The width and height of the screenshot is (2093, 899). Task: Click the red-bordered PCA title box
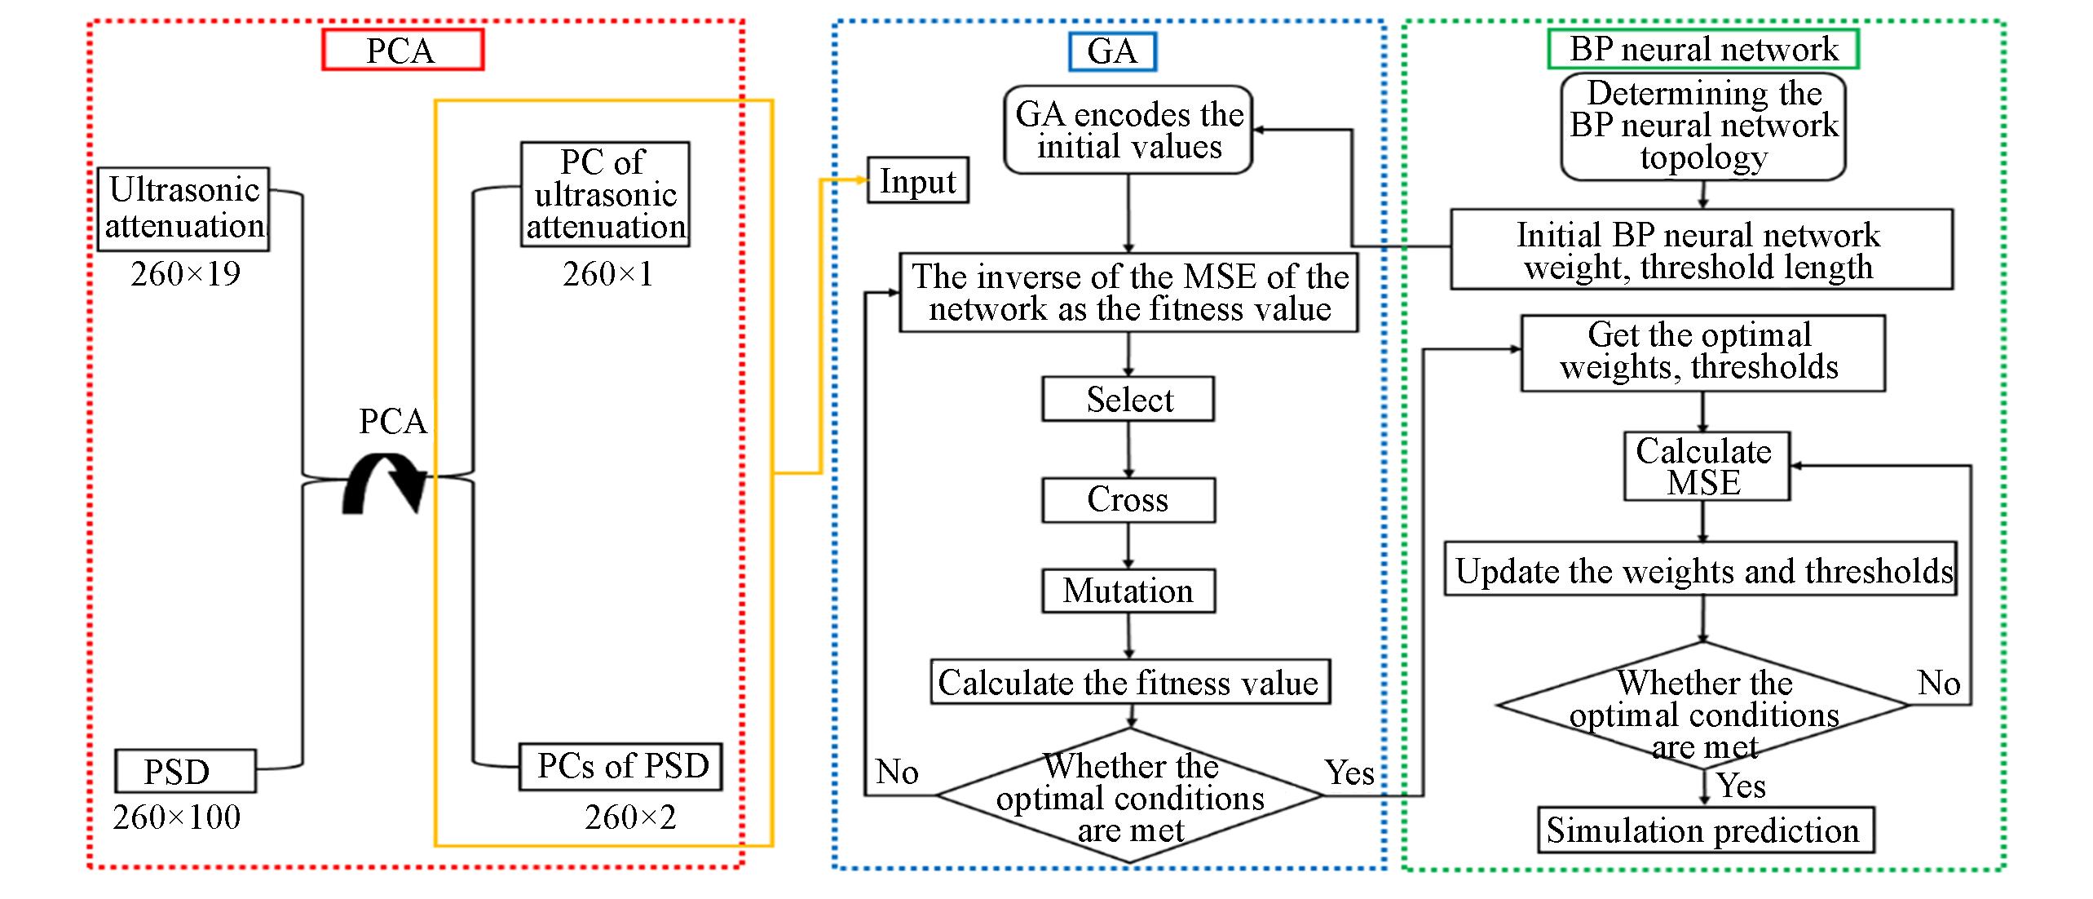click(403, 50)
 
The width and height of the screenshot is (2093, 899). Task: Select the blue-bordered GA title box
click(1111, 51)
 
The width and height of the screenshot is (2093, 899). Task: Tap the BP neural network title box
click(1703, 49)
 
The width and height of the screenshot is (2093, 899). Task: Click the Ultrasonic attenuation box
click(184, 209)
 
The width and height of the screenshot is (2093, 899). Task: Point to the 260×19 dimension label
click(185, 274)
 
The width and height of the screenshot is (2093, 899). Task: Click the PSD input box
click(185, 771)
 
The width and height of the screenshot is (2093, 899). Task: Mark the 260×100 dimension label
click(177, 817)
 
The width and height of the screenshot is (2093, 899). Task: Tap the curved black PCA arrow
click(384, 488)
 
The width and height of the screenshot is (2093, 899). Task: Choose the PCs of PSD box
click(620, 766)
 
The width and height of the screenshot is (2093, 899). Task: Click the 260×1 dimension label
click(607, 274)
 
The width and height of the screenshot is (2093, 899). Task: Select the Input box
click(917, 180)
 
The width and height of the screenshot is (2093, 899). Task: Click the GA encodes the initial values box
click(1128, 131)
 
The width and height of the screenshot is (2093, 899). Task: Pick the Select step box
click(1128, 399)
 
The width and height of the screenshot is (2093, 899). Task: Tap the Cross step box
click(1128, 499)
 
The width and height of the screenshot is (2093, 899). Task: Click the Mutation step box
click(1128, 591)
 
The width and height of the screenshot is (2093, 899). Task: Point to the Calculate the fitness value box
click(1130, 682)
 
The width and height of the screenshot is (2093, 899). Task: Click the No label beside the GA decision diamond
click(897, 772)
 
